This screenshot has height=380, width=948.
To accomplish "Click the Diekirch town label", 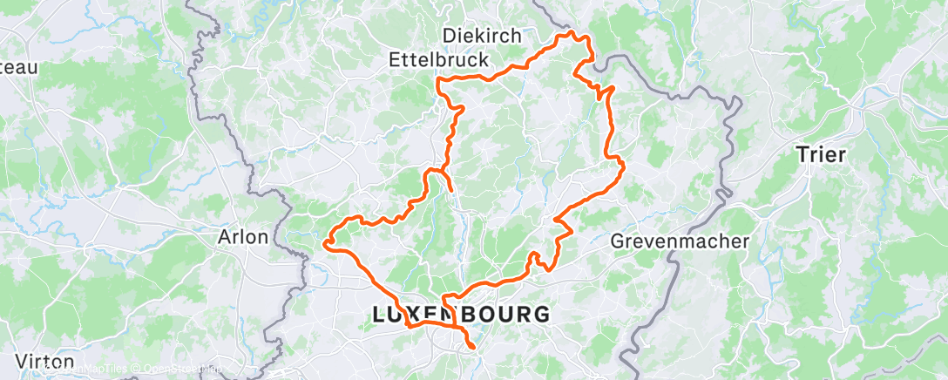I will pyautogui.click(x=482, y=36).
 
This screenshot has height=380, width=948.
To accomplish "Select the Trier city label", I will pyautogui.click(x=821, y=155).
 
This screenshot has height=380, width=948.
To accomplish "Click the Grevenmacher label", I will pyautogui.click(x=680, y=241).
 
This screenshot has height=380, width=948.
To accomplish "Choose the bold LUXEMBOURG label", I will pyautogui.click(x=461, y=315).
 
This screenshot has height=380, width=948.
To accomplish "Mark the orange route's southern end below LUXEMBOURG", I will pyautogui.click(x=473, y=348).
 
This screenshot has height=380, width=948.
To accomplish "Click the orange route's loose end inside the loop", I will pyautogui.click(x=451, y=189).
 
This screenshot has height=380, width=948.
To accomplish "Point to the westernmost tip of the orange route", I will pyautogui.click(x=325, y=243).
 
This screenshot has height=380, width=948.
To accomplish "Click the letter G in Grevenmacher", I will pyautogui.click(x=618, y=241).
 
